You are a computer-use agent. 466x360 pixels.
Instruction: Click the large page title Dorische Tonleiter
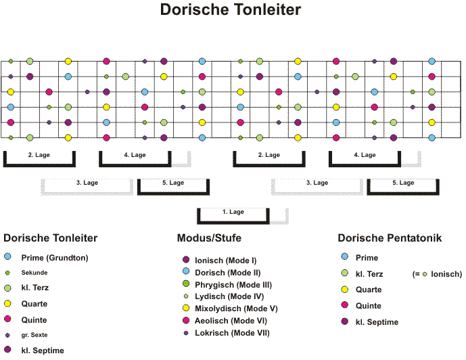click(231, 9)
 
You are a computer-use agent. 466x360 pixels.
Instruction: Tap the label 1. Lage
click(233, 212)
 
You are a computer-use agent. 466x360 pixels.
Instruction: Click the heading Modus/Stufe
click(209, 238)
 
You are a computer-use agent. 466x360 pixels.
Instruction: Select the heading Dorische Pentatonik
click(390, 238)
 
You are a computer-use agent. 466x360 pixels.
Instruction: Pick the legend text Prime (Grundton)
click(55, 258)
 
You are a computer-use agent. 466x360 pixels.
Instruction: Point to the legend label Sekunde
click(34, 273)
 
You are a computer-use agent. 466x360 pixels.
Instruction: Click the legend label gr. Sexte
click(34, 335)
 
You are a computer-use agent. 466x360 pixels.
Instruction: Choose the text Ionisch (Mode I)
click(226, 261)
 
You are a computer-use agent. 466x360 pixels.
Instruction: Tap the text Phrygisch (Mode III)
click(233, 285)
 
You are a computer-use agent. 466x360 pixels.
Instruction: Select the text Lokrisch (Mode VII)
click(232, 333)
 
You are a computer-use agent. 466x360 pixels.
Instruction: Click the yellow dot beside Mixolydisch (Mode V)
click(186, 308)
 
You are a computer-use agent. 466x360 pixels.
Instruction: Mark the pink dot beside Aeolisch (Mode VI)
click(186, 320)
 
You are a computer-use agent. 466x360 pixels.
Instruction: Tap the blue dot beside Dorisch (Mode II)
click(186, 271)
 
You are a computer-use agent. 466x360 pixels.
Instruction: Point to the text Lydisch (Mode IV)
click(229, 296)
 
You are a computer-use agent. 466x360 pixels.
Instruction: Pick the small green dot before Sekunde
click(7, 273)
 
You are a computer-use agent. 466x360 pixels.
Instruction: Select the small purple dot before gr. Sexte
click(7, 336)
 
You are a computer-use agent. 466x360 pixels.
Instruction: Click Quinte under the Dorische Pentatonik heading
click(368, 306)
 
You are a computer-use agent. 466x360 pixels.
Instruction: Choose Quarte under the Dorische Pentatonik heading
click(369, 290)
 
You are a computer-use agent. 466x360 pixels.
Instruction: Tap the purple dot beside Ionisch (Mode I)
click(186, 260)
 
